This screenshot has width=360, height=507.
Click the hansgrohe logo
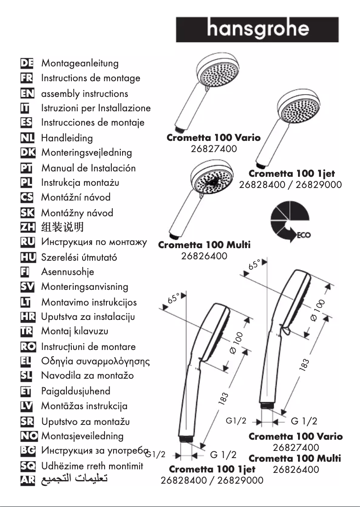tap(257, 29)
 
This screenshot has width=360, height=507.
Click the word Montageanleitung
tap(80, 63)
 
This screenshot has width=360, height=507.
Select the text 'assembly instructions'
tap(84, 94)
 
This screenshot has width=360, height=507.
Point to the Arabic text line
tap(75, 480)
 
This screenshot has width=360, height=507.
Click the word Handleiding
tap(67, 138)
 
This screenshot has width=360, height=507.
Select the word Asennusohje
tap(68, 272)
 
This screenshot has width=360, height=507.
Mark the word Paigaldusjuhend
tap(75, 391)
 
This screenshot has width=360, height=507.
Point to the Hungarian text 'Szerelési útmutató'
tap(79, 258)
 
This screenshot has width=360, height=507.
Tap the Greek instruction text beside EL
tap(95, 361)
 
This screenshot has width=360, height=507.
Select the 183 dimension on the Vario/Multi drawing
tap(304, 366)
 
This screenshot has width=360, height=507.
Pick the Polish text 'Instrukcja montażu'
tap(80, 183)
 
